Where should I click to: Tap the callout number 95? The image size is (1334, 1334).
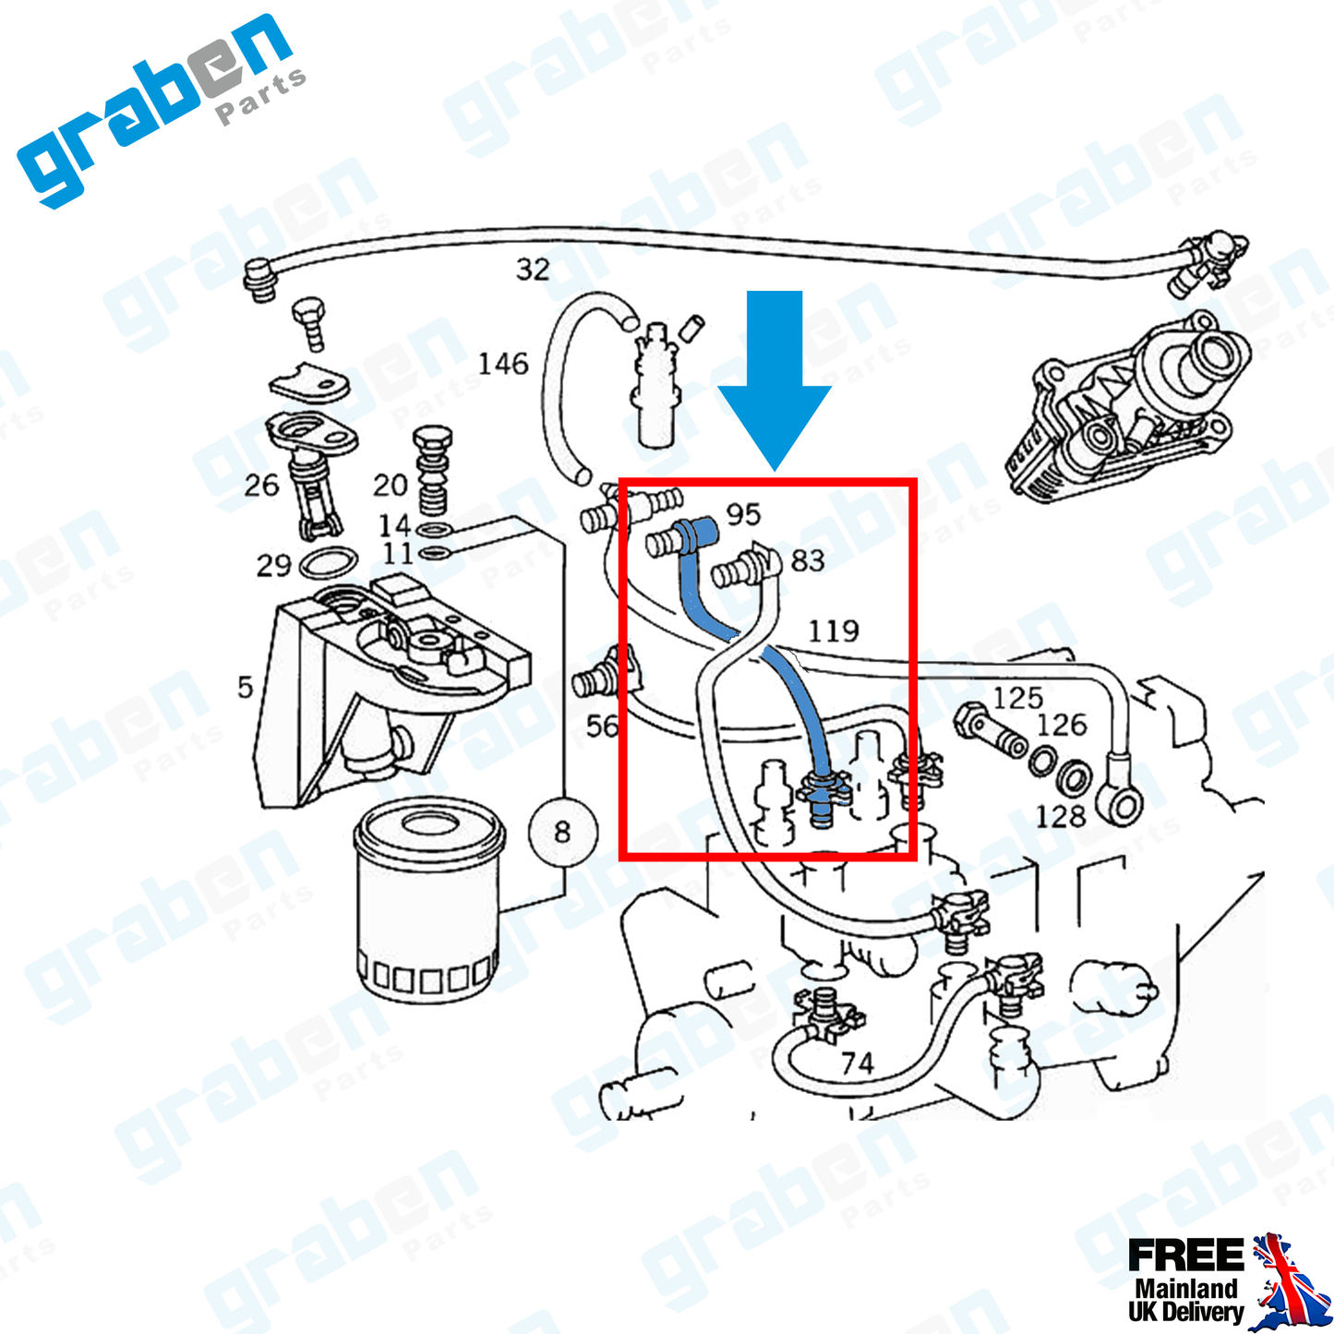click(x=743, y=514)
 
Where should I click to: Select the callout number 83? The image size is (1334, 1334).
click(x=807, y=560)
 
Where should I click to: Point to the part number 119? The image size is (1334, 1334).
click(x=834, y=631)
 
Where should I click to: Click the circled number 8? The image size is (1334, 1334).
click(x=562, y=832)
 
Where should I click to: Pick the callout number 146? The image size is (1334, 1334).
click(x=503, y=364)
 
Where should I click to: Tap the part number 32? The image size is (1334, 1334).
click(x=533, y=270)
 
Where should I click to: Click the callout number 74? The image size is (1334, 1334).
click(x=857, y=1063)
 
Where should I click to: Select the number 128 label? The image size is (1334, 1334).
click(x=1061, y=817)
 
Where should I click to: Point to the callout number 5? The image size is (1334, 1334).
click(x=245, y=688)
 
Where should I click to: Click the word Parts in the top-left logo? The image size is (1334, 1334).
click(x=260, y=97)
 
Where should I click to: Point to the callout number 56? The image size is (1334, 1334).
click(x=602, y=727)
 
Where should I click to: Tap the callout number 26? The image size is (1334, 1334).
click(x=261, y=486)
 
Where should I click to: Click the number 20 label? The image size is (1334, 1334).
click(x=390, y=486)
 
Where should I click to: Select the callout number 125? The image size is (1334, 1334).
click(x=1017, y=699)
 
